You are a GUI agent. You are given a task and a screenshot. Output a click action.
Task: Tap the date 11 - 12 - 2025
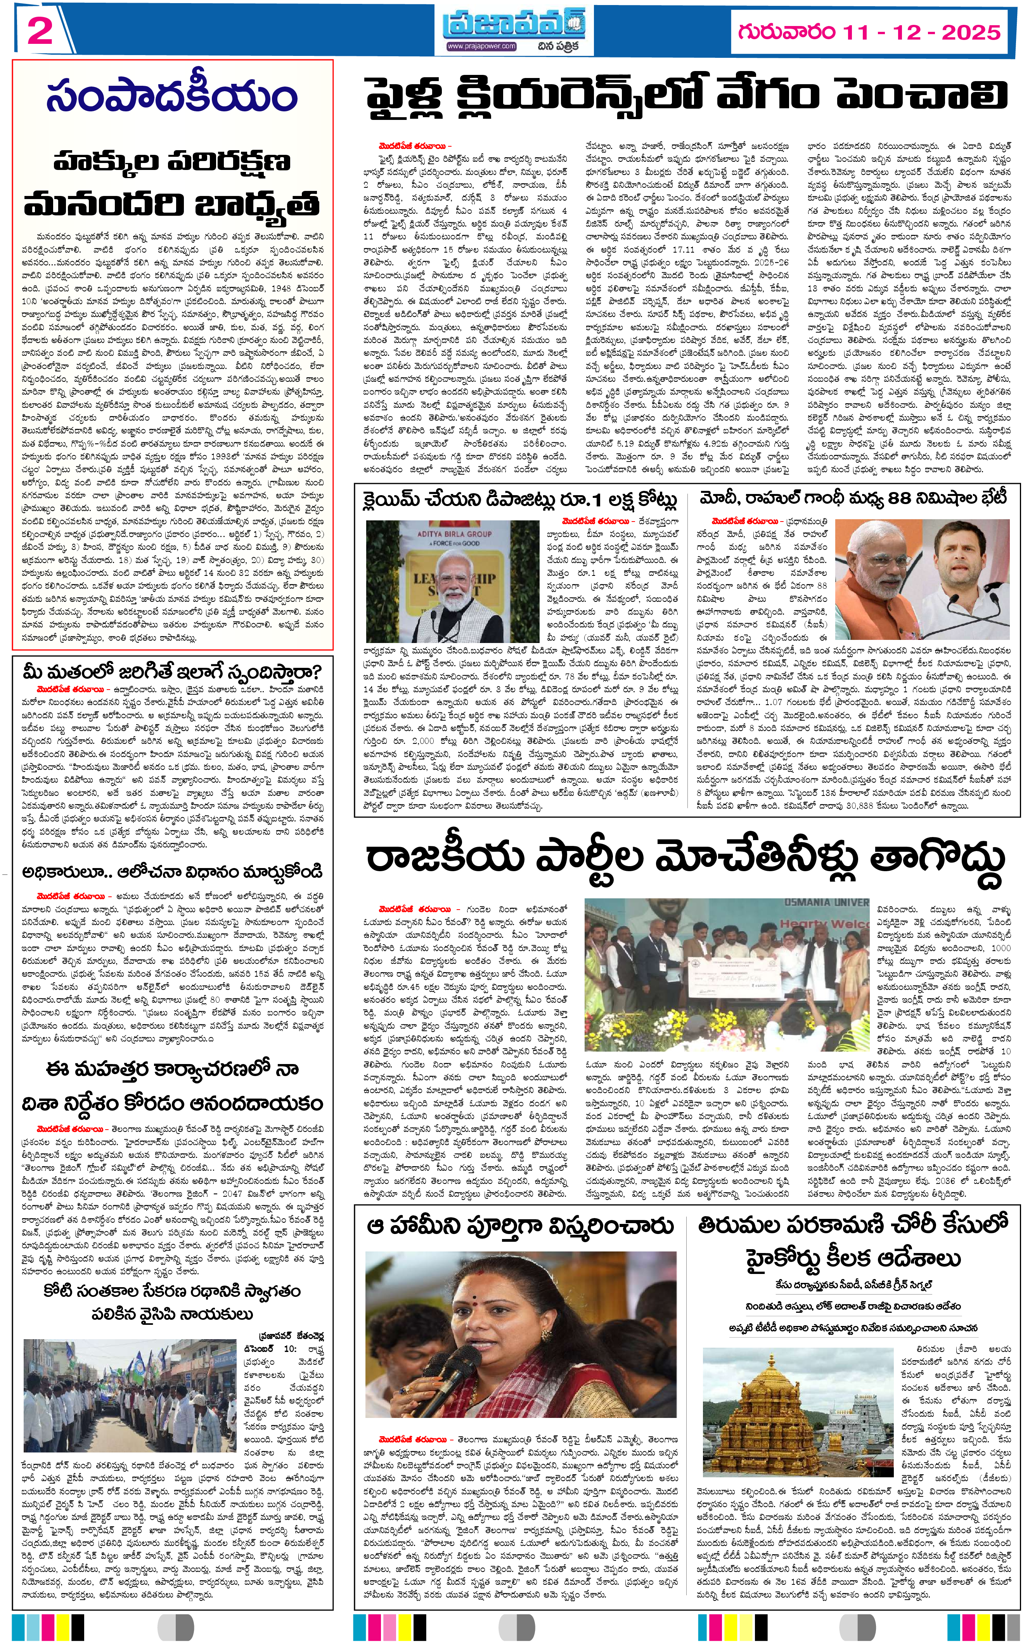[920, 32]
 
